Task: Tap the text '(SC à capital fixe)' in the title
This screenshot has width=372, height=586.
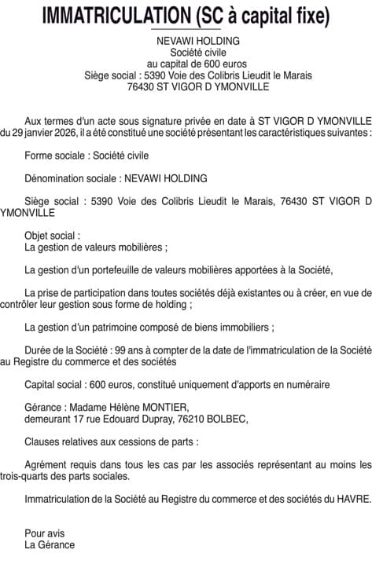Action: (264, 15)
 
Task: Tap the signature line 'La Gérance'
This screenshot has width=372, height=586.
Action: (50, 544)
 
